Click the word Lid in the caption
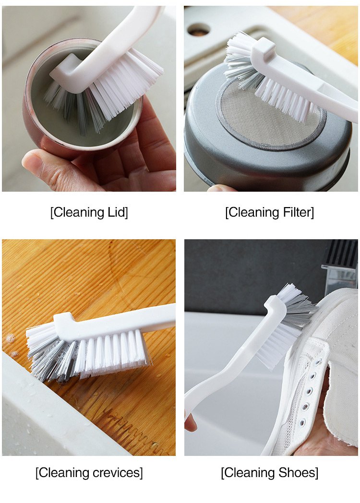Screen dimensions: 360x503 [x=117, y=212]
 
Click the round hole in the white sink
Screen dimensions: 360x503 [x=199, y=29]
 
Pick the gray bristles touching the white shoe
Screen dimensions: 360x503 [x=300, y=313]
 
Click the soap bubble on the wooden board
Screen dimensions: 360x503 [x=10, y=338]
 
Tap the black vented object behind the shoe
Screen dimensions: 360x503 [x=340, y=254]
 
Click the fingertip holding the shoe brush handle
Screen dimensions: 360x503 [x=190, y=423]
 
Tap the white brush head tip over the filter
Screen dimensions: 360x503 [x=264, y=49]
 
